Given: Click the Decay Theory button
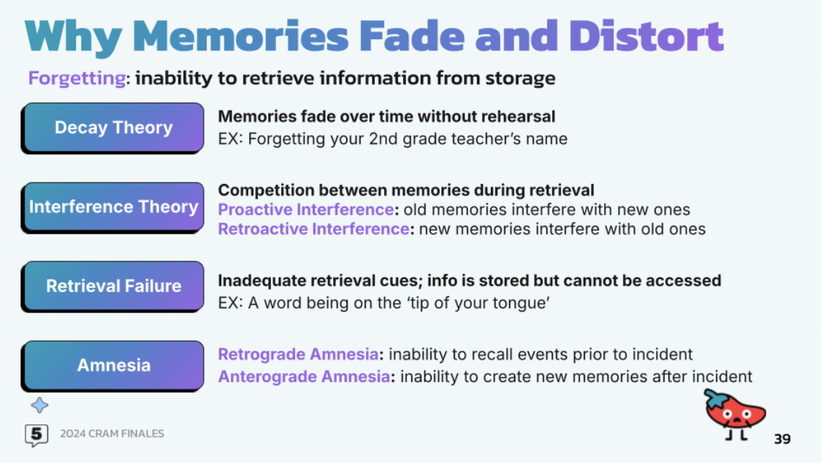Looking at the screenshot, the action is point(112,128).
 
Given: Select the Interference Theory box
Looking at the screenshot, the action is point(112,207).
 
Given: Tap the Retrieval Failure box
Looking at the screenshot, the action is point(112,286).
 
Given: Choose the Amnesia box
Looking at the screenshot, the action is point(112,366).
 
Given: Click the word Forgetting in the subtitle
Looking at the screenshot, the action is point(77,79).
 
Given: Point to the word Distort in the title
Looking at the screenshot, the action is point(646,36).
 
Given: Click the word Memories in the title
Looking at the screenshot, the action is point(241,36).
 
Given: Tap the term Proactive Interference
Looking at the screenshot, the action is point(306,210).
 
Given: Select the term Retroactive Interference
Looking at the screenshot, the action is point(313,229).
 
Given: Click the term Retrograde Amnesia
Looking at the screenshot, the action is point(299,355).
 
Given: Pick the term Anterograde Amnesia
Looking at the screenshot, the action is point(304,377).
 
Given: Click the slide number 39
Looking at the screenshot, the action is point(782,439).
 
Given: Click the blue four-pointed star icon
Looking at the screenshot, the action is point(39,405).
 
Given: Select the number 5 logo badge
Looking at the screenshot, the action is point(37,435).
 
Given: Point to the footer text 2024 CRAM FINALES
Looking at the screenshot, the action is point(112,434).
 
